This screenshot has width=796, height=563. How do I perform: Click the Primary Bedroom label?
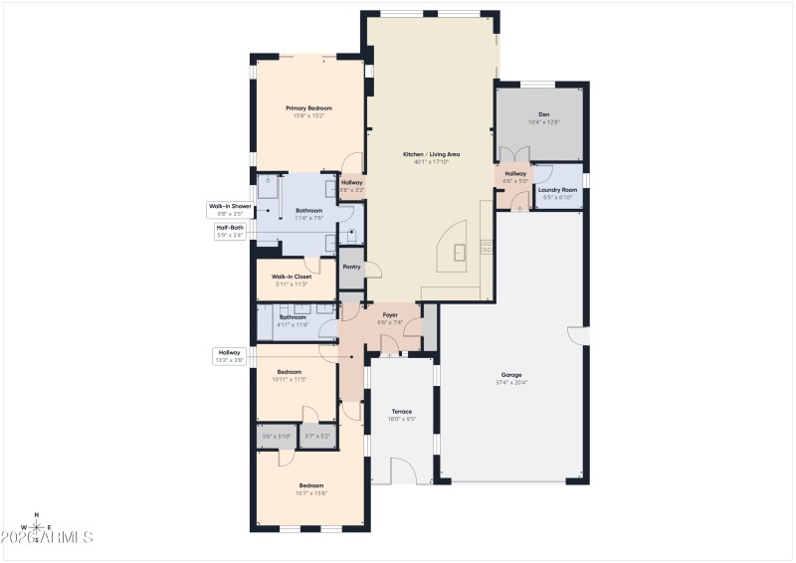click(x=308, y=108)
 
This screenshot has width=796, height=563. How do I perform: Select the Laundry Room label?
click(x=557, y=189)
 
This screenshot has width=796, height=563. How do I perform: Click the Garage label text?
click(x=511, y=375)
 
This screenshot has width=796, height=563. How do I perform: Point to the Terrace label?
click(x=402, y=411)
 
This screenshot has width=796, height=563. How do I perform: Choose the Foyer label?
click(x=389, y=315)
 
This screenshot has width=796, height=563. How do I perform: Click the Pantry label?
click(x=351, y=267)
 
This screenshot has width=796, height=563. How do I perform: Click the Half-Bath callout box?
click(x=230, y=231)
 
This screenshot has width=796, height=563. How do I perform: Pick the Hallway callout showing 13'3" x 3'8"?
click(x=230, y=356)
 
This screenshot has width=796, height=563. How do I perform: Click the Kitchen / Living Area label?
click(x=431, y=154)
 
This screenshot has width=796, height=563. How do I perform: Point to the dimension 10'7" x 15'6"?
click(x=311, y=492)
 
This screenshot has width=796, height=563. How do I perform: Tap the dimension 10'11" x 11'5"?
click(x=291, y=379)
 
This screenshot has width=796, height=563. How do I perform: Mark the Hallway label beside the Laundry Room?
click(x=515, y=174)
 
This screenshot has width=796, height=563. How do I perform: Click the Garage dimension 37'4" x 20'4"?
click(x=511, y=382)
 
